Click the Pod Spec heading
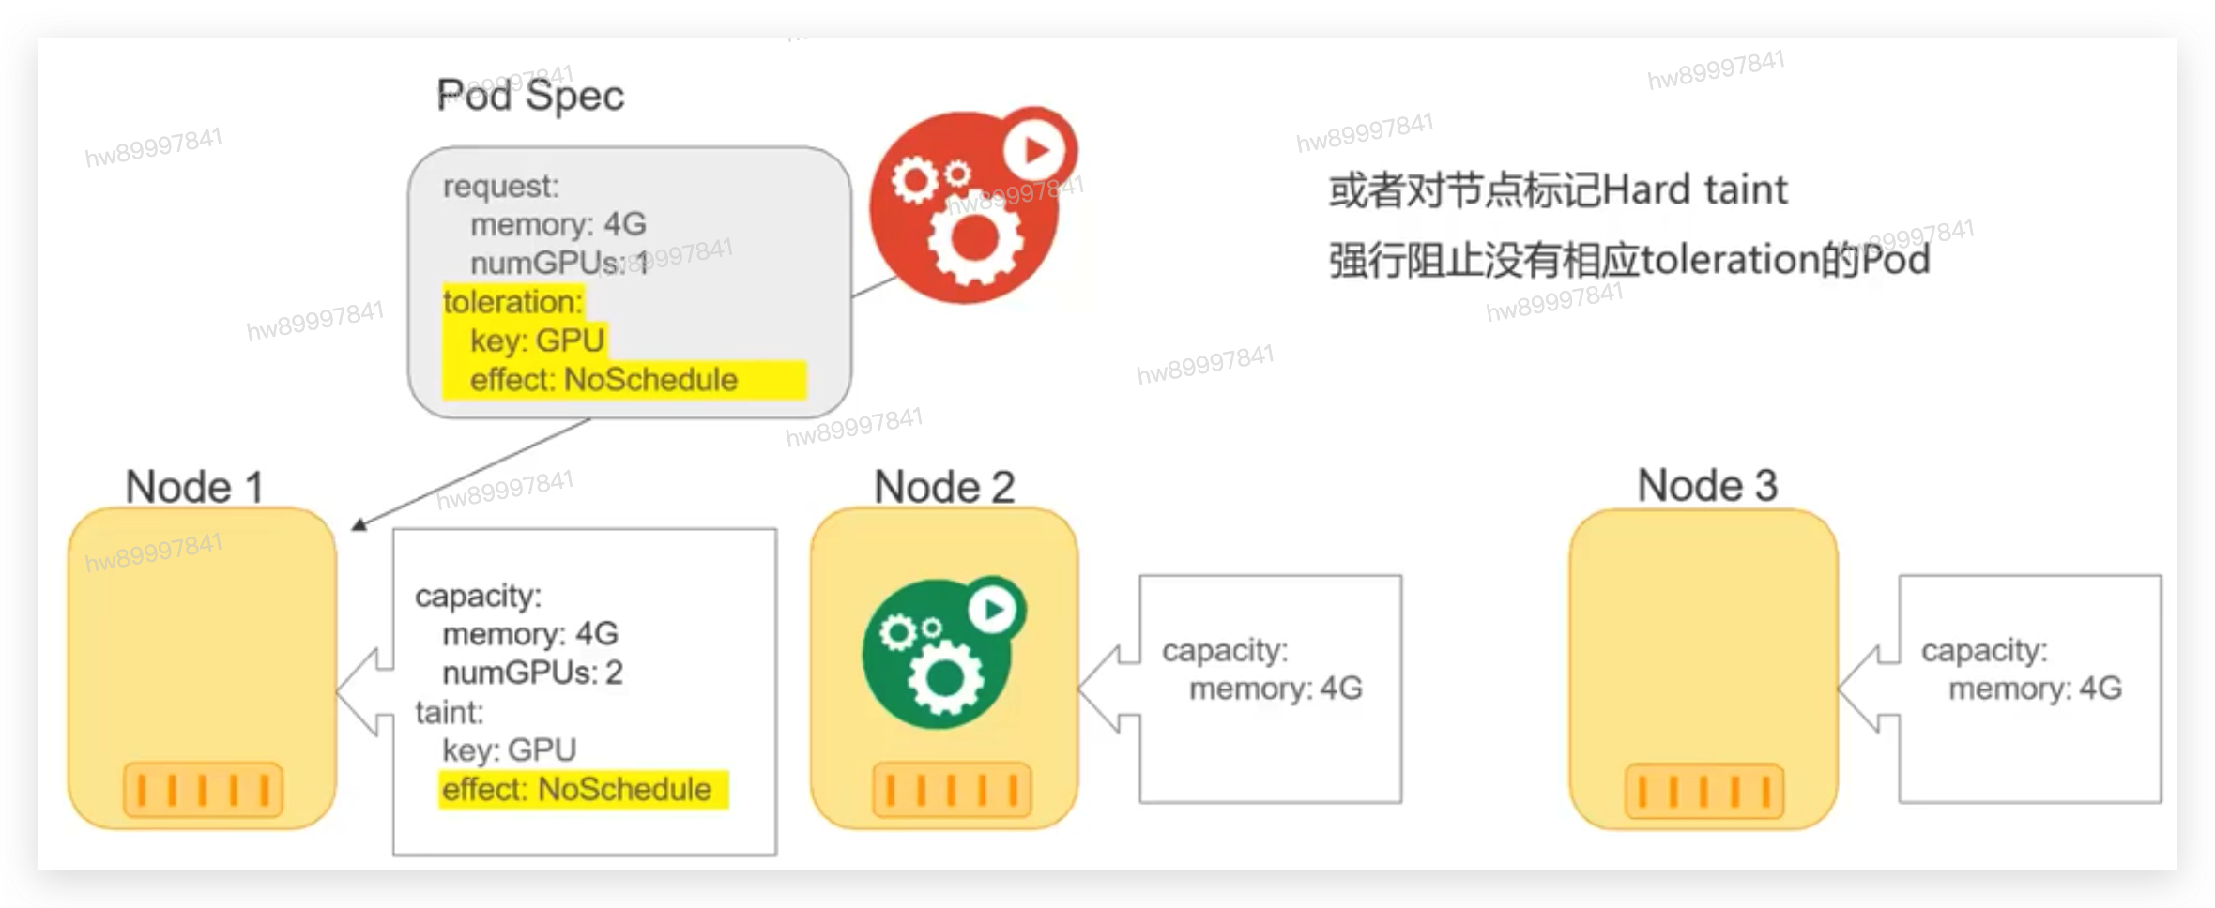pyautogui.click(x=530, y=96)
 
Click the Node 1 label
pyautogui.click(x=193, y=487)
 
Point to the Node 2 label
pyautogui.click(x=943, y=487)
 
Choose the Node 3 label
pyautogui.click(x=1706, y=486)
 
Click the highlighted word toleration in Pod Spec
pyautogui.click(x=512, y=302)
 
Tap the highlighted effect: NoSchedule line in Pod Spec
pyautogui.click(x=603, y=380)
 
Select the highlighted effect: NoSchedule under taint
pyautogui.click(x=576, y=790)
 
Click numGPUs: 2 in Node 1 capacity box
pyautogui.click(x=532, y=673)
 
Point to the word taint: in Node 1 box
pyautogui.click(x=450, y=713)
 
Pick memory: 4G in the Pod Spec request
pyautogui.click(x=558, y=224)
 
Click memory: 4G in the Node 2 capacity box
pyautogui.click(x=1275, y=689)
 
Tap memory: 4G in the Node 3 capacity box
pyautogui.click(x=2034, y=689)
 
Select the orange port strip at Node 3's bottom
pyautogui.click(x=1703, y=790)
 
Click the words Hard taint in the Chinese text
pyautogui.click(x=1694, y=190)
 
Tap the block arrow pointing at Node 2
pyautogui.click(x=1107, y=689)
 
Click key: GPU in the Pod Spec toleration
pyautogui.click(x=537, y=340)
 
